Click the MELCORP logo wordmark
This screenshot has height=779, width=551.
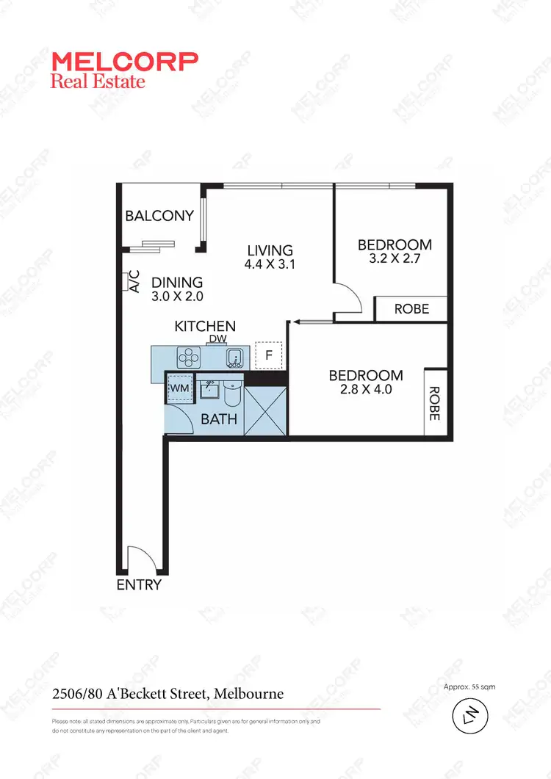click(x=124, y=62)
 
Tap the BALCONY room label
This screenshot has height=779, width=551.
click(x=159, y=216)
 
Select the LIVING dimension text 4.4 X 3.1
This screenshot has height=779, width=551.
click(x=270, y=265)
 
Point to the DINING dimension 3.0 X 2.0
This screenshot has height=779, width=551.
click(x=177, y=297)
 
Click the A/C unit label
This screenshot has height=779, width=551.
click(x=134, y=283)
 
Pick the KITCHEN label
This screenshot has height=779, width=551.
click(x=205, y=326)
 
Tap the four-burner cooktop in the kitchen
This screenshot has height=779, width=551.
click(x=190, y=358)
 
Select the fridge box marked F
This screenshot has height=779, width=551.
click(x=268, y=355)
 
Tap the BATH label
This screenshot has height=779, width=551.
click(x=219, y=419)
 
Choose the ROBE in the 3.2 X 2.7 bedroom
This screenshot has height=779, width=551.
click(x=411, y=309)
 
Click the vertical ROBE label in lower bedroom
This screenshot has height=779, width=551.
click(x=434, y=403)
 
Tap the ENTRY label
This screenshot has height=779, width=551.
click(x=139, y=585)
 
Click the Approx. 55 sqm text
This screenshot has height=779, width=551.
click(x=469, y=686)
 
